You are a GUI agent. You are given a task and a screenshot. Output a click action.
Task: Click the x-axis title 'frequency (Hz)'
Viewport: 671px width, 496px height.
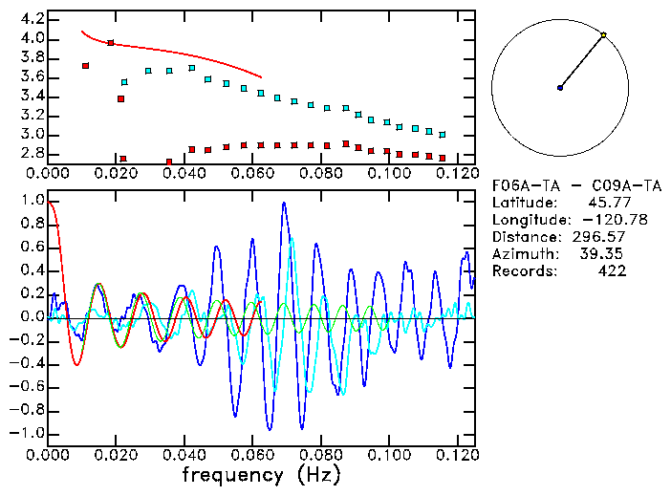point(260,474)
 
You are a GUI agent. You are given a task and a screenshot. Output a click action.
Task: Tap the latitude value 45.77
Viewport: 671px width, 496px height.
point(608,203)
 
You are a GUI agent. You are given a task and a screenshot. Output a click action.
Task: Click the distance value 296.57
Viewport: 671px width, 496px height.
point(599,237)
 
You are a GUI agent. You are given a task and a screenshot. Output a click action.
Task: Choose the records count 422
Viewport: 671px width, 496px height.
point(612,271)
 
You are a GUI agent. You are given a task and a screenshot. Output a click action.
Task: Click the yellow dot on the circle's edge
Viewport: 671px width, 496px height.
point(603,35)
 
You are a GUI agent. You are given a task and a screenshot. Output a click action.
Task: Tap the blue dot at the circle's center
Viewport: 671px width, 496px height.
point(560,88)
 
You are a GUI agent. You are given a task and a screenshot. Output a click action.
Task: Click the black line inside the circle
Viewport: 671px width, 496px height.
point(581,62)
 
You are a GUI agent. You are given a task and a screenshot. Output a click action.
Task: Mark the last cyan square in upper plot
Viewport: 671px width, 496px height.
point(442,135)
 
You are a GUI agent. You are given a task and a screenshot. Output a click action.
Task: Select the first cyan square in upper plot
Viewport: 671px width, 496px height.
point(124,82)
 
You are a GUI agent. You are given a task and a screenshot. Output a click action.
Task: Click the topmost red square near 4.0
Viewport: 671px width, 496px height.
point(111,43)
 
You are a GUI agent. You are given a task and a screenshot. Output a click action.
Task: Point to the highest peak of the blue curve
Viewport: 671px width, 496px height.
point(284,203)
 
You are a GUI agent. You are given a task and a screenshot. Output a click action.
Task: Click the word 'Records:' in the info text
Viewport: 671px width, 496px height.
point(523,271)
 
